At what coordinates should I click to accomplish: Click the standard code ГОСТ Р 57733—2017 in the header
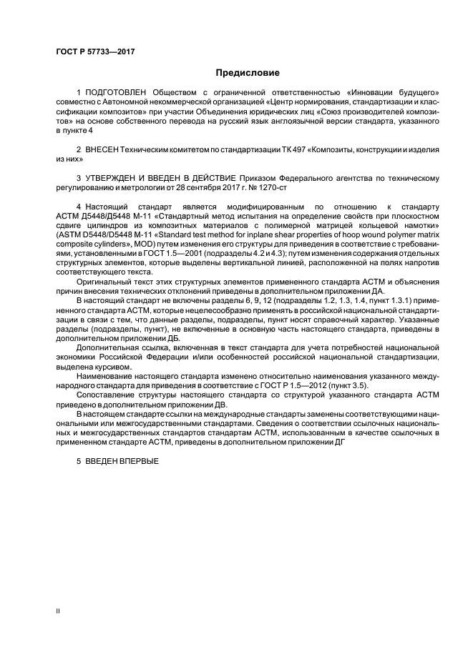point(94,52)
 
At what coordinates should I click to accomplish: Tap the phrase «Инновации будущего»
point(394,94)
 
